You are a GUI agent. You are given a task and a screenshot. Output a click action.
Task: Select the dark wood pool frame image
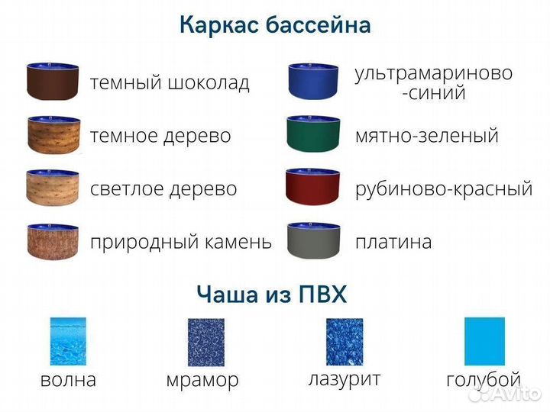click(53, 135)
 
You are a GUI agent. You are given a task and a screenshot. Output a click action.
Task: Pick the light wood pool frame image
click(53, 188)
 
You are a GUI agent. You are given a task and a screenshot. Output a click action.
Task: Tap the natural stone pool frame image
click(53, 241)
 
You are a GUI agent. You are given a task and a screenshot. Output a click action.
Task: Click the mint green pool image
click(313, 135)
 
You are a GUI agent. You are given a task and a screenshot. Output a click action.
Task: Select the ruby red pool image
click(313, 188)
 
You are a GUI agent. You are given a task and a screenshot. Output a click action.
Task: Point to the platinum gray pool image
click(313, 241)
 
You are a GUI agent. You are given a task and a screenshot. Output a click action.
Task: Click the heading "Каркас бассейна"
click(275, 25)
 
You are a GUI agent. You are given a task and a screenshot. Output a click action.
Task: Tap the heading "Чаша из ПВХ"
click(271, 294)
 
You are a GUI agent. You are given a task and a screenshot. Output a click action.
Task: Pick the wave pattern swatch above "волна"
click(68, 342)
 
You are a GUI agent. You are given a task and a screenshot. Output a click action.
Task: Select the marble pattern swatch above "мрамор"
click(205, 342)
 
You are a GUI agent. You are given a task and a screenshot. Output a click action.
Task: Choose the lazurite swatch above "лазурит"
click(345, 342)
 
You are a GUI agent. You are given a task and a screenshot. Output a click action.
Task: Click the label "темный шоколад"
click(170, 82)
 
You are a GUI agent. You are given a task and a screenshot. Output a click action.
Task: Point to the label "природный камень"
click(180, 242)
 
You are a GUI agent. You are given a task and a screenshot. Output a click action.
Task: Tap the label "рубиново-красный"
click(444, 188)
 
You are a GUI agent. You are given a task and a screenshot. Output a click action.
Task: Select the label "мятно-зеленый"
click(426, 136)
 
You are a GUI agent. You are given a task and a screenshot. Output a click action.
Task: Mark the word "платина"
click(393, 242)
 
